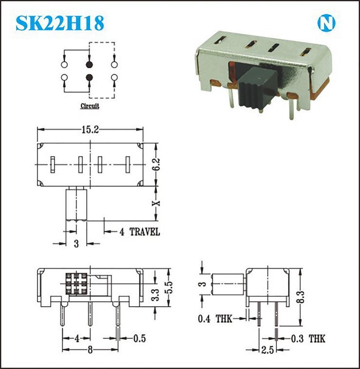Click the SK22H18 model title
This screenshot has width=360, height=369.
[x=60, y=23]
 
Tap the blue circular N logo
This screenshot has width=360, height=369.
[x=326, y=23]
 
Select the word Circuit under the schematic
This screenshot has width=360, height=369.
[x=90, y=106]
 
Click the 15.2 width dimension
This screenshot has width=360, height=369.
[x=90, y=129]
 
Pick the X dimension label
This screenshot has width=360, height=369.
[x=156, y=203]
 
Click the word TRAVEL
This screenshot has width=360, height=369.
[x=145, y=232]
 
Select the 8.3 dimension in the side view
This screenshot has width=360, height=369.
[x=301, y=297]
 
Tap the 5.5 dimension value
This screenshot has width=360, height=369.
[x=169, y=288]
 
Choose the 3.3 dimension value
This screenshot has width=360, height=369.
[x=155, y=295]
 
